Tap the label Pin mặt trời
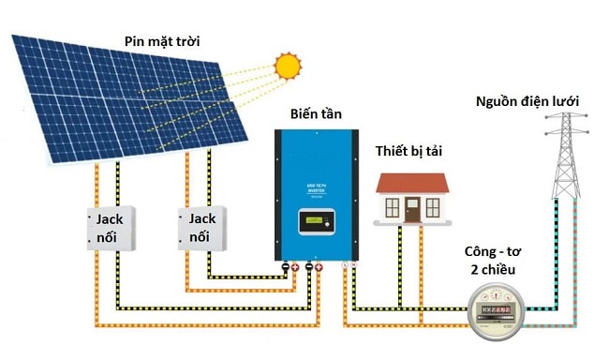point(162,40)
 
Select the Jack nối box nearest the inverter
point(203,228)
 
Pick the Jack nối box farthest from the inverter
point(110,228)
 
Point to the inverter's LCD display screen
point(313,221)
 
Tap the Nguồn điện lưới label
point(527,100)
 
